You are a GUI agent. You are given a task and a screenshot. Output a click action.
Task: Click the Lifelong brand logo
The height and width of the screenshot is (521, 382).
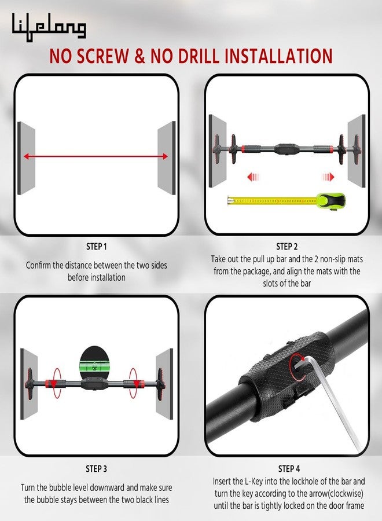[x=49, y=27]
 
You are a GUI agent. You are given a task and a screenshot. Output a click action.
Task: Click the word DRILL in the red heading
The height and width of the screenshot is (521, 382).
[x=185, y=56]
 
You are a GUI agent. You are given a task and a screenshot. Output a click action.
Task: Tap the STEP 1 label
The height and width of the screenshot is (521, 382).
[x=96, y=247]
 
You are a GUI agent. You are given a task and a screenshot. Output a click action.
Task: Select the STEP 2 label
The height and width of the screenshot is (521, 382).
[x=287, y=247]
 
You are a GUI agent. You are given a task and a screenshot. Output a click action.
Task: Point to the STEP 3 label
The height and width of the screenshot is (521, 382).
[x=96, y=469]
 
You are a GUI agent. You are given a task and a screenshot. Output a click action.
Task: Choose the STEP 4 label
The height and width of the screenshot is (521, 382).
[x=289, y=469]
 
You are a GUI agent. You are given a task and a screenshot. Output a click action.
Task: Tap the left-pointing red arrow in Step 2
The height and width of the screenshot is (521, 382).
[x=253, y=177]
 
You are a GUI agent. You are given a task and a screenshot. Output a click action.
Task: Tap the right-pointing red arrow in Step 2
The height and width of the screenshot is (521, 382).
[x=328, y=177]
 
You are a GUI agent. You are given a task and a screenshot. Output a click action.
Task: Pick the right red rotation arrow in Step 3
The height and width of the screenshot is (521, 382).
[x=133, y=383]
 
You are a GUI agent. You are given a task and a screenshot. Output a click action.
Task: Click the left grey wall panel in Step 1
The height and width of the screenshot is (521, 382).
[x=26, y=158]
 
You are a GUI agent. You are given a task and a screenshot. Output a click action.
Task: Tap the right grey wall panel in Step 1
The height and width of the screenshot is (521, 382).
[x=167, y=158]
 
